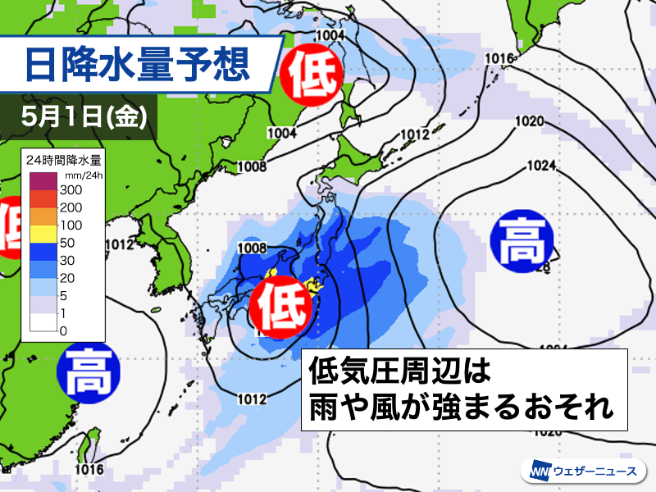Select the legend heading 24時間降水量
(x=63, y=159)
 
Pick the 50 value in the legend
(x=66, y=243)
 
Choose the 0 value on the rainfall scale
(x=63, y=330)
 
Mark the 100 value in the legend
(x=70, y=225)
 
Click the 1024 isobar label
(x=542, y=166)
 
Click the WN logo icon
(x=540, y=472)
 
